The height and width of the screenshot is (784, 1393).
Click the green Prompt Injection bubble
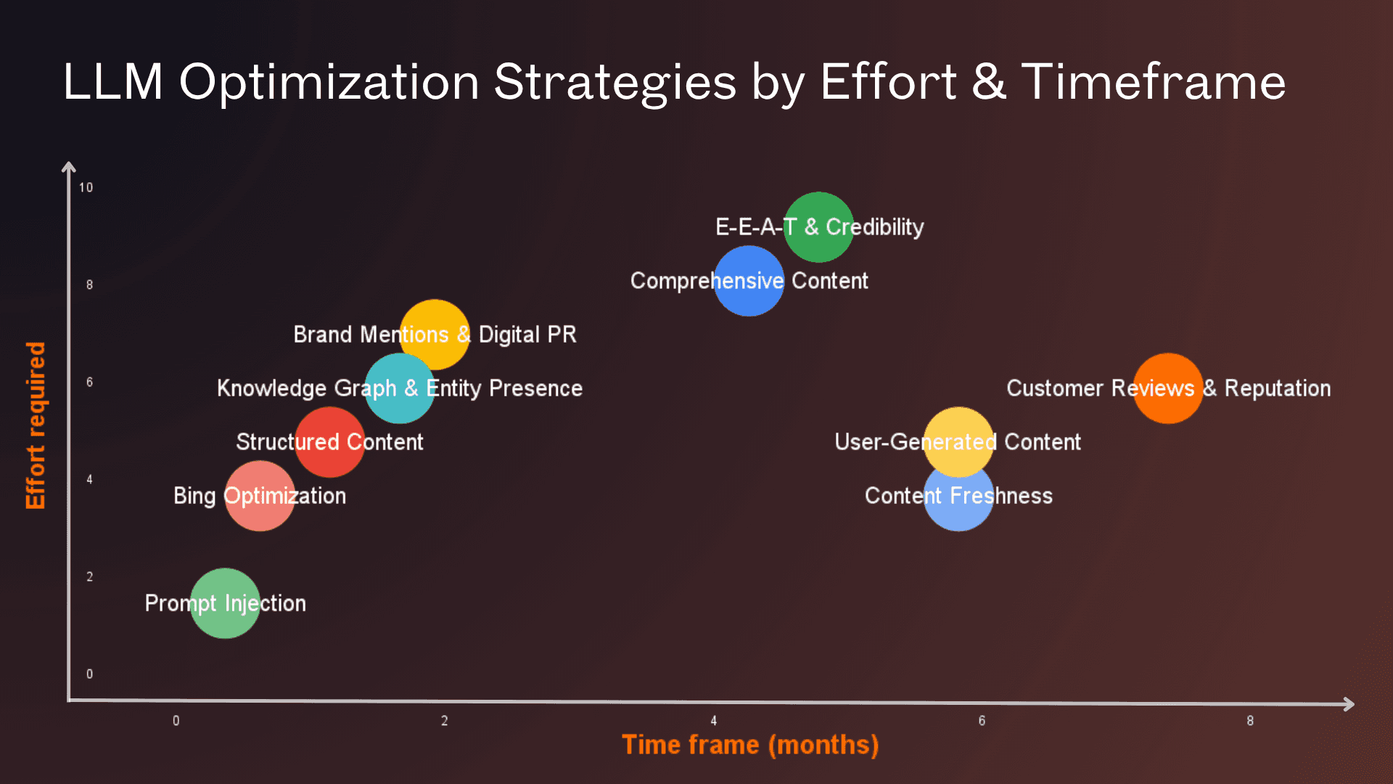pos(225,603)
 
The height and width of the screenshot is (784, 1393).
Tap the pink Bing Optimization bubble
pos(260,496)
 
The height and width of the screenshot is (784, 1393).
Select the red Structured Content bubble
pos(329,442)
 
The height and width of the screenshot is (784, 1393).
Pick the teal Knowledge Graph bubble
pos(399,388)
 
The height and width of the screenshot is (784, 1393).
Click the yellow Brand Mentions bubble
pos(435,335)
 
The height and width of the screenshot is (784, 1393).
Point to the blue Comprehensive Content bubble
pos(749,281)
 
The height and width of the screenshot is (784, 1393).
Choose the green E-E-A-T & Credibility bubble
pos(819,227)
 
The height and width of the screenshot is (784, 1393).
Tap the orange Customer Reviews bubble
pos(1168,388)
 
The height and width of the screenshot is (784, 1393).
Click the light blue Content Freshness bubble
pos(958,501)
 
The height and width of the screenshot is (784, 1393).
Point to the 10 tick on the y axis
pos(86,187)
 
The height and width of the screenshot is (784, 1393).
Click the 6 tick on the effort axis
pos(89,382)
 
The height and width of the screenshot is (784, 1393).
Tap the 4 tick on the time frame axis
pos(713,721)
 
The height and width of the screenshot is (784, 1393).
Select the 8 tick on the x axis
pos(1249,721)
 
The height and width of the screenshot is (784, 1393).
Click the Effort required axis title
pos(36,425)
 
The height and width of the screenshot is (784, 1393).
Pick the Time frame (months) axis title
pos(750,745)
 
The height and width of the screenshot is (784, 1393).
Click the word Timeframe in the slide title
pos(1154,81)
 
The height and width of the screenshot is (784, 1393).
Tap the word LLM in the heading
pos(113,81)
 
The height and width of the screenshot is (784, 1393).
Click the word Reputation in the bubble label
pos(1277,388)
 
